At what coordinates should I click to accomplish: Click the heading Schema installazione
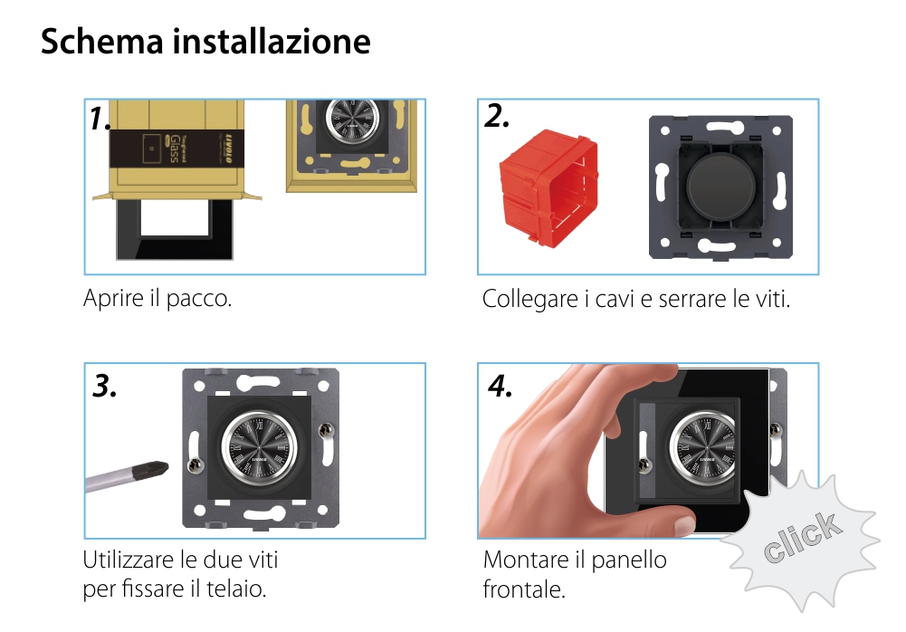click(x=205, y=42)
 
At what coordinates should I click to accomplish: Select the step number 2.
click(x=497, y=117)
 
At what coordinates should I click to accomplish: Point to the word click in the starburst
click(x=801, y=538)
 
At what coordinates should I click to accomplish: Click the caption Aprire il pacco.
click(x=157, y=299)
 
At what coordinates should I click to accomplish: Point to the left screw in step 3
click(x=193, y=465)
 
